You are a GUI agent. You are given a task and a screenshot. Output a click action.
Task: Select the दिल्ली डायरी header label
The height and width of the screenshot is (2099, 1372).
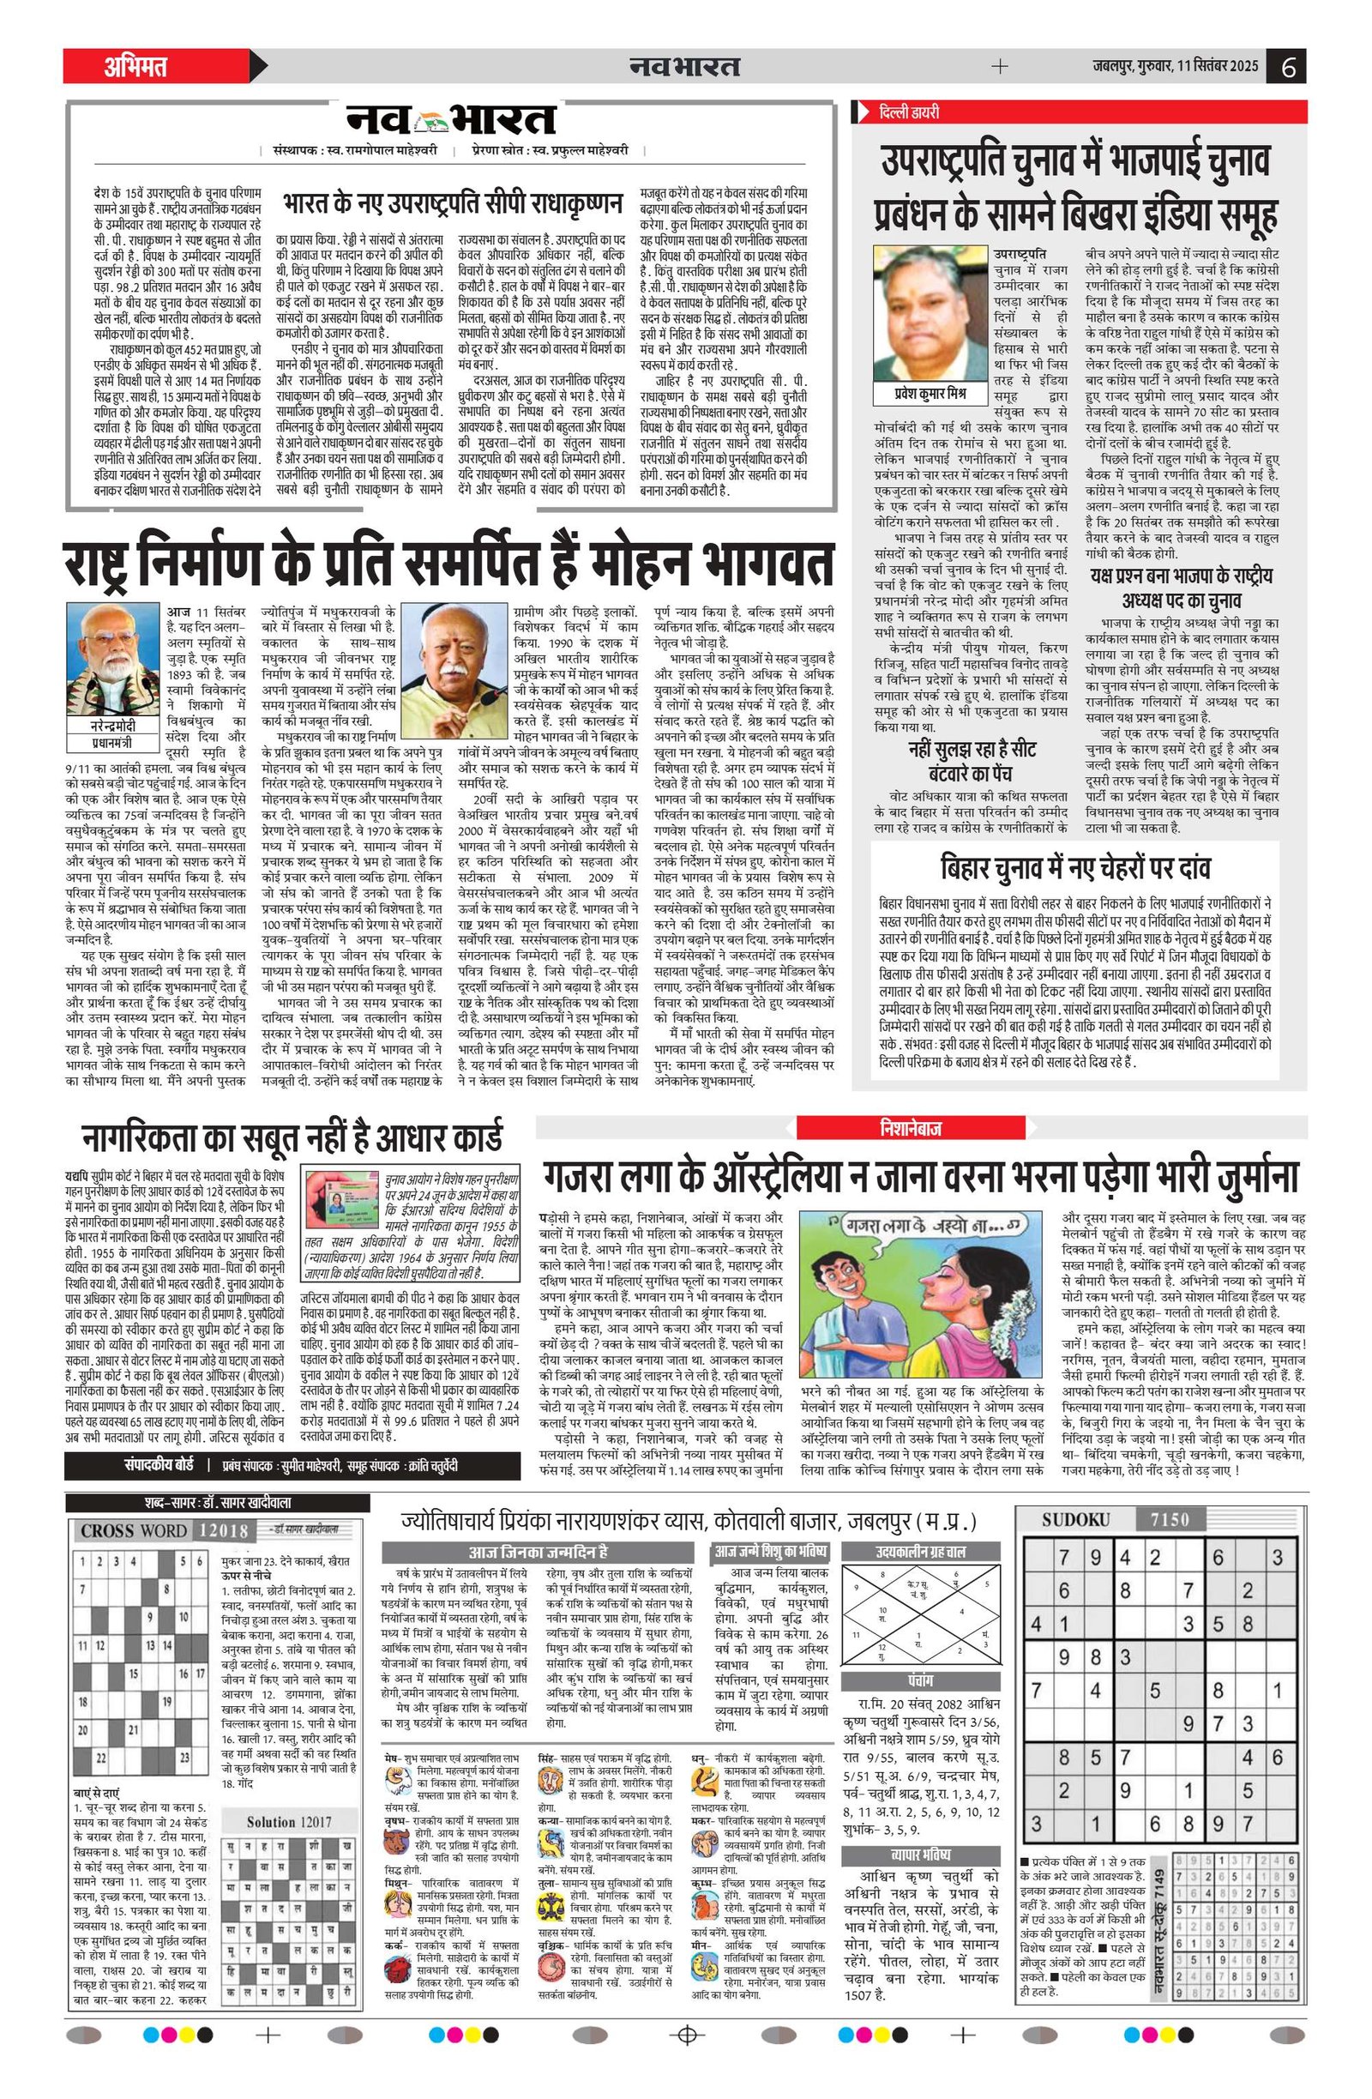pos(907,112)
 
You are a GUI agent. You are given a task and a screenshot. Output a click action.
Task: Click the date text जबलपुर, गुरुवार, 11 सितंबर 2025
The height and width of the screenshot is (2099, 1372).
pos(1172,67)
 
